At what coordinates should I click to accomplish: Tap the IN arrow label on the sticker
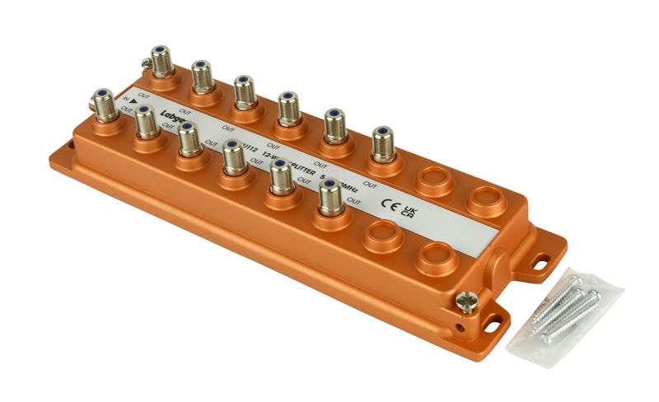point(127,100)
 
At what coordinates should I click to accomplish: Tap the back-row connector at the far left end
point(157,65)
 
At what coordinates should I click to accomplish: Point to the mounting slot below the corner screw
point(494,324)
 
